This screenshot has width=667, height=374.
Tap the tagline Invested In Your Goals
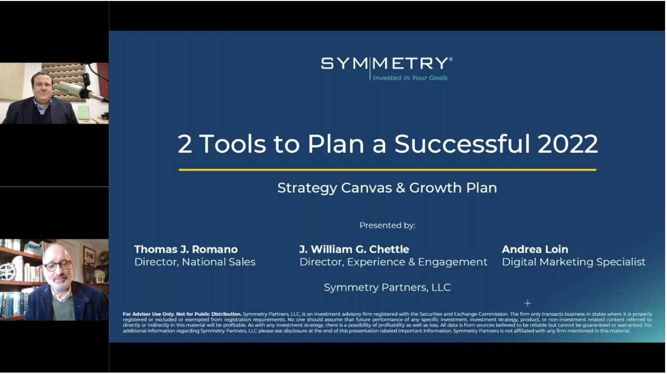(x=410, y=78)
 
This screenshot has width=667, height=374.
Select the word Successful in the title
(x=462, y=144)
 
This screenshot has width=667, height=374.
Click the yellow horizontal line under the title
(x=387, y=169)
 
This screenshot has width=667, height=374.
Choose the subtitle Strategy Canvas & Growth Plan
(x=387, y=188)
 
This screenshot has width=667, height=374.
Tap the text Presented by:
(x=387, y=225)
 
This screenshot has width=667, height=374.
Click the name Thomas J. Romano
(x=186, y=249)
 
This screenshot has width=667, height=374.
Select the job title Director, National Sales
(x=195, y=262)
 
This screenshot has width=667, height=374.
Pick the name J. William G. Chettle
(x=354, y=249)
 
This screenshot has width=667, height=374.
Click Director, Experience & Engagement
(x=393, y=262)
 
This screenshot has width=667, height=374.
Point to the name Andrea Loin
(x=535, y=249)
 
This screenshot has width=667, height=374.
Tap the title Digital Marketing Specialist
(x=574, y=262)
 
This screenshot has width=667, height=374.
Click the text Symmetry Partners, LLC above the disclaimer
(x=387, y=287)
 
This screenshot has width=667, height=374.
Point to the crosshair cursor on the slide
(x=527, y=303)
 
